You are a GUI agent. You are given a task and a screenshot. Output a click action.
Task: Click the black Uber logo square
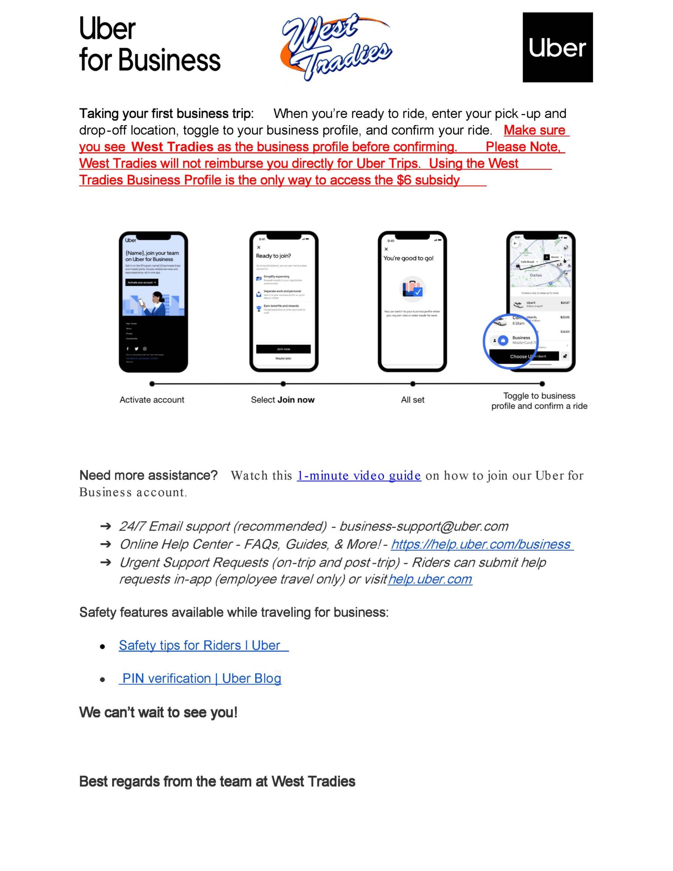point(557,47)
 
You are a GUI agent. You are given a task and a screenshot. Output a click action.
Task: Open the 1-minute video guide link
point(359,475)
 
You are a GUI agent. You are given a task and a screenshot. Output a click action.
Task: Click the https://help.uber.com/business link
point(482,544)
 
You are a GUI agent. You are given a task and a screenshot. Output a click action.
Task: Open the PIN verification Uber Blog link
point(202,678)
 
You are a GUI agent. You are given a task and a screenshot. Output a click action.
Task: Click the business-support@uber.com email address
point(424,527)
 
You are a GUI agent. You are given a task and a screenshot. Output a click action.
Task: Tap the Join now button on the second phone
point(283,349)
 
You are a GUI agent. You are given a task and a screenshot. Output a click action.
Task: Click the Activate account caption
point(152,400)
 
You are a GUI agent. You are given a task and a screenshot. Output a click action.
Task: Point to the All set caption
point(412,400)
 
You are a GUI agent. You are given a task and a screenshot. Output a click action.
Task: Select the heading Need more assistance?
point(148,475)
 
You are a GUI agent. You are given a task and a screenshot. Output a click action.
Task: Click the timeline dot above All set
point(412,384)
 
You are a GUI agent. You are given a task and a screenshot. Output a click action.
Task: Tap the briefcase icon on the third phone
point(412,289)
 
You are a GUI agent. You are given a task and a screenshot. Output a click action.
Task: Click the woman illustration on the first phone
point(156,302)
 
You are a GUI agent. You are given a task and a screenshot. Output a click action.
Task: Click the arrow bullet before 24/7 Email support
point(105,527)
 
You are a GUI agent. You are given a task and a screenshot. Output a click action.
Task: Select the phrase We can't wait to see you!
point(158,712)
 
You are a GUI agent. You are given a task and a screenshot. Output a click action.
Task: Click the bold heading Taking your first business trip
point(166,114)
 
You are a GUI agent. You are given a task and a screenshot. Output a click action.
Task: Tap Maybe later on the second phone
point(283,359)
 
